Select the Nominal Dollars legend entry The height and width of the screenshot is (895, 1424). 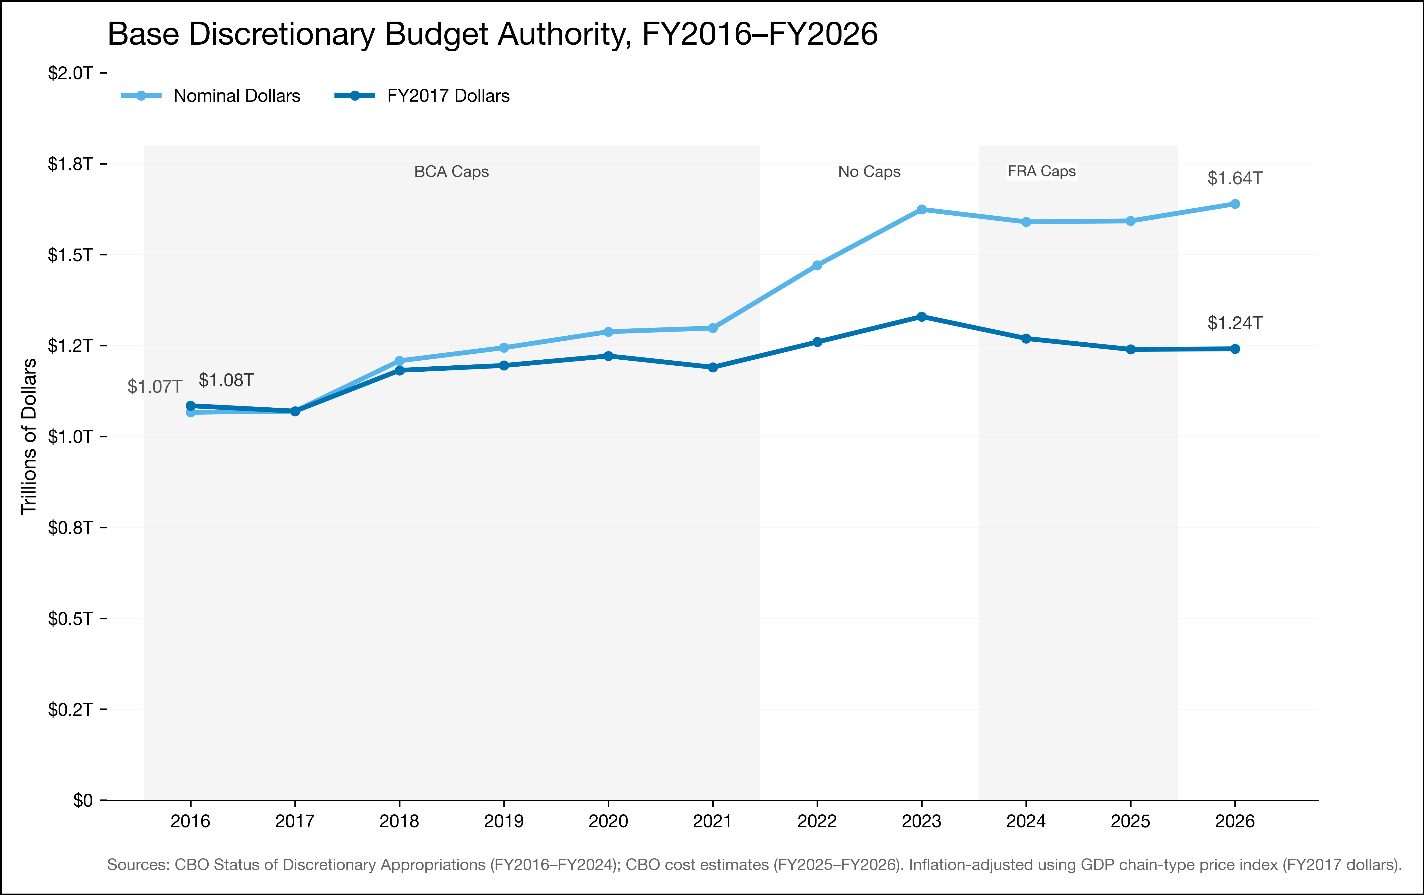coord(211,96)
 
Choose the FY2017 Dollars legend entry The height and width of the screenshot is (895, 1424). coord(422,96)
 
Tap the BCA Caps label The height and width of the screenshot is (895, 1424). coord(451,171)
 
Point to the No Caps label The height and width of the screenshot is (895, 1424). coord(869,171)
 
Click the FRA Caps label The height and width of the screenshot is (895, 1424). coord(1041,171)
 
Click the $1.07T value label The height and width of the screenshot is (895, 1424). coord(154,387)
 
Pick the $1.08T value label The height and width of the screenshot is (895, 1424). coord(226,380)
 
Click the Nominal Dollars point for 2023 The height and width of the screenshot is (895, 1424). coord(921,209)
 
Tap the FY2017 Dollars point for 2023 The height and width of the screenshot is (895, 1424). coord(921,317)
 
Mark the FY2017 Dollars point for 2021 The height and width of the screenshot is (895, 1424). coord(713,367)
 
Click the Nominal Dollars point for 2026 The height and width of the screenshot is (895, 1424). coord(1235,204)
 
